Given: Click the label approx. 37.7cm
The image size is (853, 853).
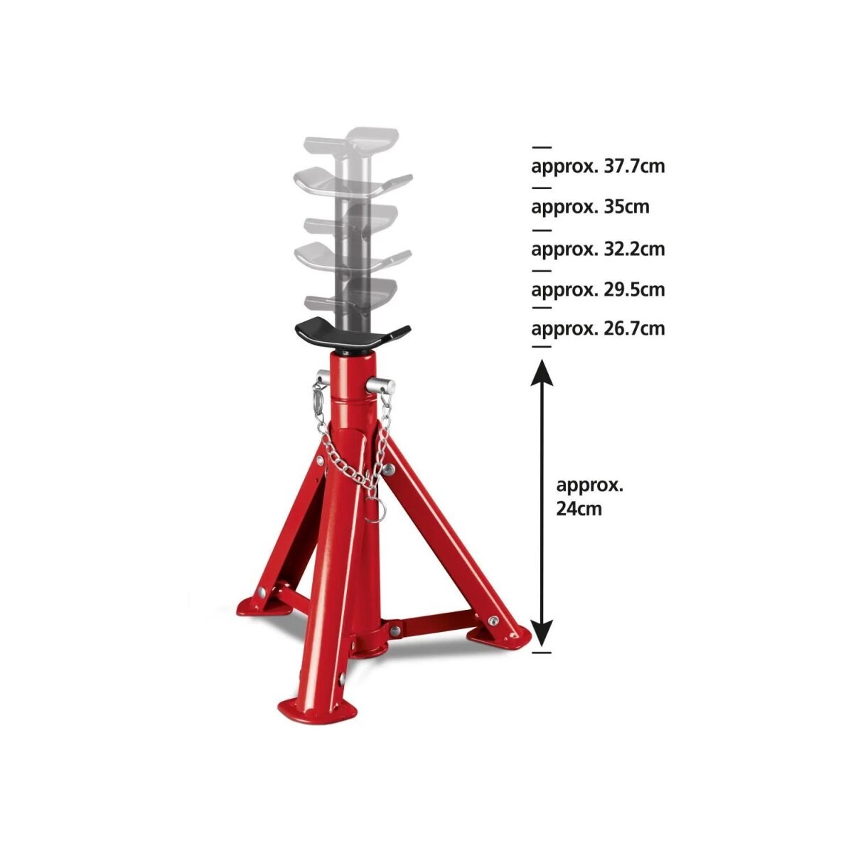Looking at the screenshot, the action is tap(598, 167).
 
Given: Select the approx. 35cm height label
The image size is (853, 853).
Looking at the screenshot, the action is tap(590, 207).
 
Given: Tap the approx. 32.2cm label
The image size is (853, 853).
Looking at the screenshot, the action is tap(598, 249).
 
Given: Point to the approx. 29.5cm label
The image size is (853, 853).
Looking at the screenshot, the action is tap(598, 289).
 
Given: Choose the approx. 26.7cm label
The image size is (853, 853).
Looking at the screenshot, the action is tap(598, 328).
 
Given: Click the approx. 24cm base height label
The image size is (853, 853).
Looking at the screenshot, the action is tap(589, 497).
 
